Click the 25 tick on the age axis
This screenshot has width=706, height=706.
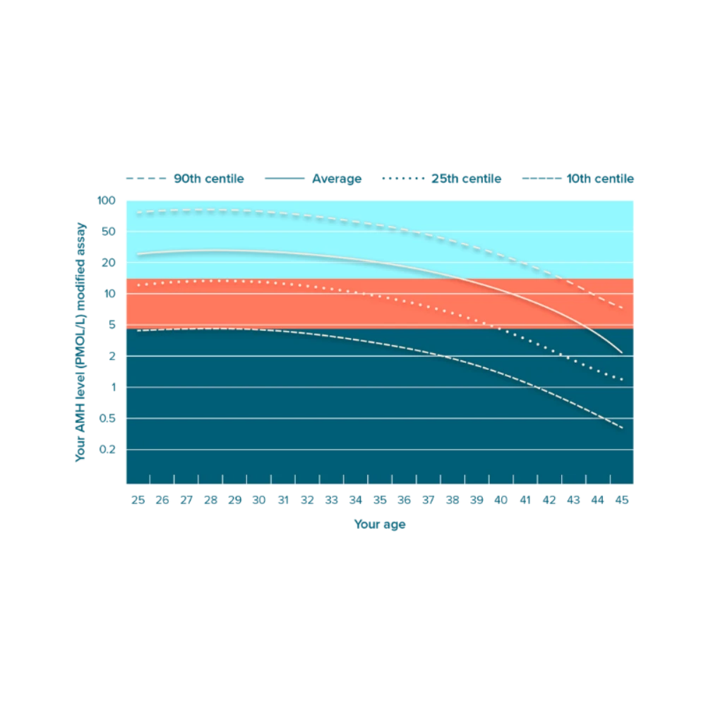click(x=138, y=501)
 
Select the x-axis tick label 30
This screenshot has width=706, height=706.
click(x=259, y=501)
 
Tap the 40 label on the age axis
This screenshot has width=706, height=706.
click(x=501, y=501)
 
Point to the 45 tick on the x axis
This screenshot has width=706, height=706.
click(x=621, y=501)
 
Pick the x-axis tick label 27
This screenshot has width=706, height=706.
click(x=186, y=501)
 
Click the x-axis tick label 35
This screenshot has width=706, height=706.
click(x=380, y=501)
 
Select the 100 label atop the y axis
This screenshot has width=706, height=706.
click(x=107, y=201)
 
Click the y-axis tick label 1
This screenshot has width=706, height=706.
click(x=110, y=388)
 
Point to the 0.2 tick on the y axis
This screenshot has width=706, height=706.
click(x=107, y=449)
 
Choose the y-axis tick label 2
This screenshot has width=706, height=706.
click(x=110, y=357)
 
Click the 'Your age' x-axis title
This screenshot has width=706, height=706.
click(x=380, y=525)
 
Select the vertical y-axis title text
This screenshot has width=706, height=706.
click(x=80, y=341)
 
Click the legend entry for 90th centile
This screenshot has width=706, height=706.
click(x=185, y=179)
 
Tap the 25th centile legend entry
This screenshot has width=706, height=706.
click(x=441, y=179)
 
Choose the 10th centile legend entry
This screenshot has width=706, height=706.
click(x=578, y=179)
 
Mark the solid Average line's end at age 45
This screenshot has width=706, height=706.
click(x=621, y=352)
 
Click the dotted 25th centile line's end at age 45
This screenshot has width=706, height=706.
click(x=621, y=380)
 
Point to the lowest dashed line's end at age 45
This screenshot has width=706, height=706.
click(x=621, y=427)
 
